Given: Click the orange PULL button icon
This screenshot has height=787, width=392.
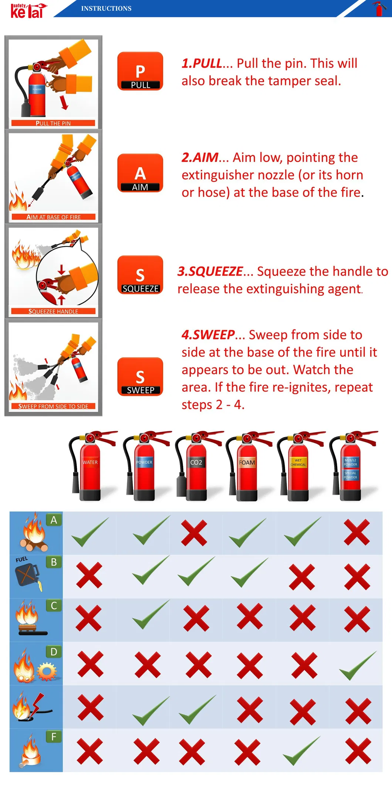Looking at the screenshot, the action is pos(140,71).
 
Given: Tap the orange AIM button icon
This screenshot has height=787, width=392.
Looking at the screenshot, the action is pos(140,173).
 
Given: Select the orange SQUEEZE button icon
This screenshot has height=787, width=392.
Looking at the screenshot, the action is pos(140,275).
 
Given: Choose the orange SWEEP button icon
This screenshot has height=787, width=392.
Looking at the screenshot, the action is pos(140,376).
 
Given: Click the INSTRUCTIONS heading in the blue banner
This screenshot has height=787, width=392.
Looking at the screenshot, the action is pos(106,9).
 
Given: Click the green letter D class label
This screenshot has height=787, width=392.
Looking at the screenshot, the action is pos(54,652).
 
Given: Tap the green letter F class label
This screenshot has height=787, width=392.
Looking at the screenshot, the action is pos(54,737).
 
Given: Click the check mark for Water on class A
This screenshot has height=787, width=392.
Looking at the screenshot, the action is pos(90,532).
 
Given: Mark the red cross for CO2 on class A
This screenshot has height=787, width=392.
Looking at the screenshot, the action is pos(194,533).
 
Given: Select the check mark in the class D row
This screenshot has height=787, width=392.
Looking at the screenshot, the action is pos(358,665).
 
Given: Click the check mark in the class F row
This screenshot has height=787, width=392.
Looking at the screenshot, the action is pos(302,751).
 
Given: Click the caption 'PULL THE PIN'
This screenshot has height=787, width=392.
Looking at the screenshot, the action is pos(53,123).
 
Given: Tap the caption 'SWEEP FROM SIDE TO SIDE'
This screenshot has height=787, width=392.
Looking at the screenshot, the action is pos(53,406).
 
